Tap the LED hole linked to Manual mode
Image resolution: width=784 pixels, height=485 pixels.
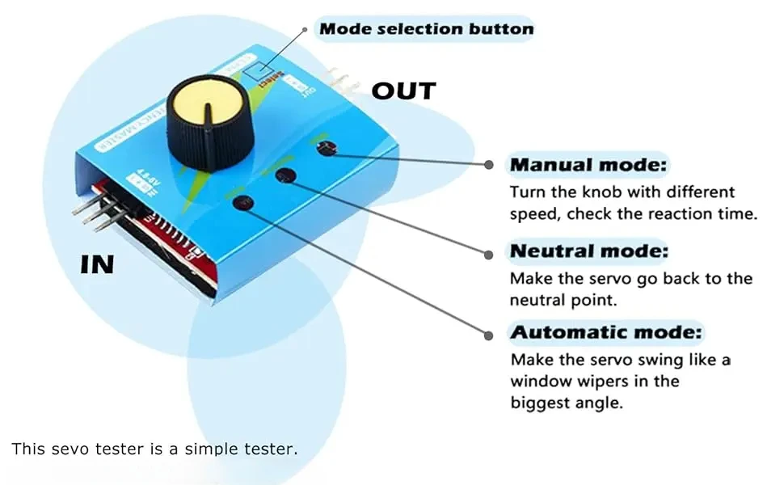326,147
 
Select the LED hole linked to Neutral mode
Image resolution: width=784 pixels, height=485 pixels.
284,176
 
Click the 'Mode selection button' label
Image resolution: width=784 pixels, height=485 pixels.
427,30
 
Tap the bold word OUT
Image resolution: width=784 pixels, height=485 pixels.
403,91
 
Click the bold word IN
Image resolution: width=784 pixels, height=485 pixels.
97,264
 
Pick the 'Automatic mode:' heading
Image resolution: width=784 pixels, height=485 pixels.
607,331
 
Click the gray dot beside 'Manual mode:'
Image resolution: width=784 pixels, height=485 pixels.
489,164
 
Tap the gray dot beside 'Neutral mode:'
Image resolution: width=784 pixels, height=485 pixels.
489,254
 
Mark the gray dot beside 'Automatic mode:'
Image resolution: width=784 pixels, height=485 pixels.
489,333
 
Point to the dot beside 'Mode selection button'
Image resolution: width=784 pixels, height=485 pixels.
305,29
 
